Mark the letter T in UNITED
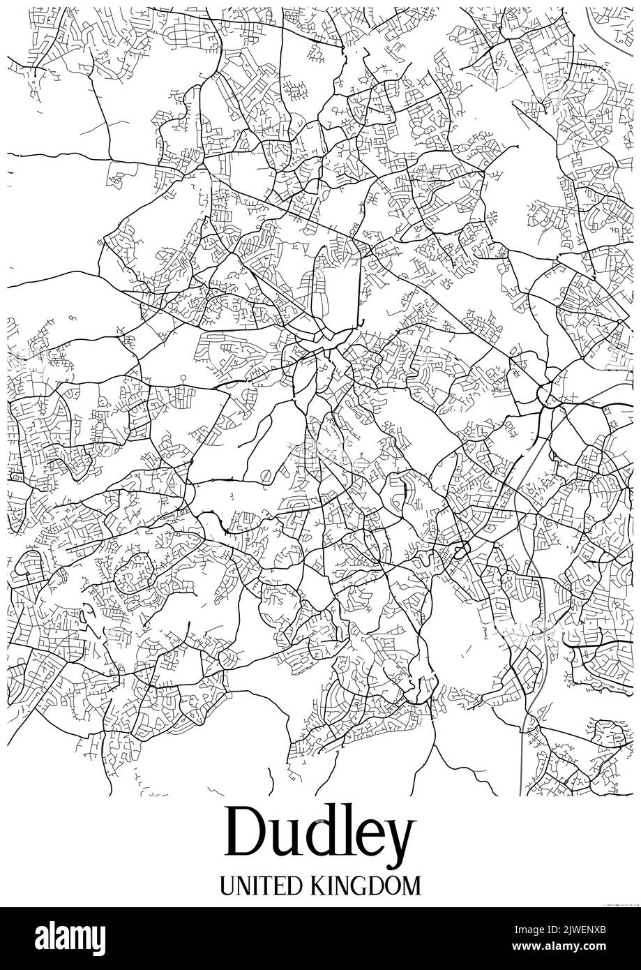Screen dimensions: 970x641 click(x=264, y=886)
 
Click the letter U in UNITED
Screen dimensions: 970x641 click(x=228, y=886)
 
